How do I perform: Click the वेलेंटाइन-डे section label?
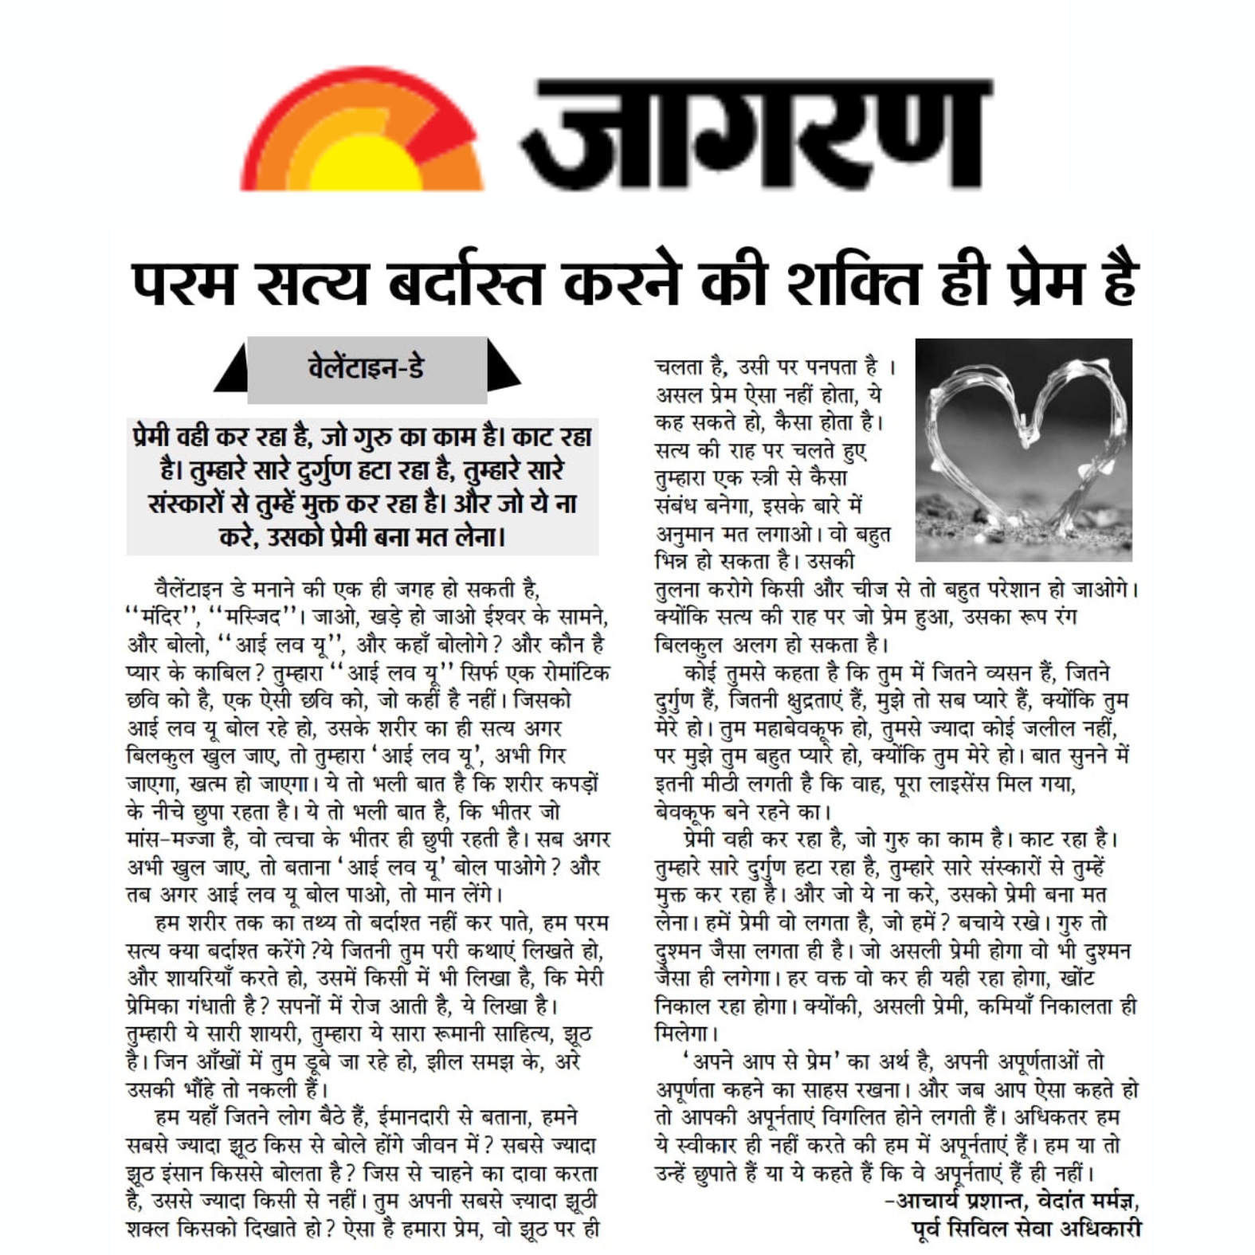[x=366, y=369]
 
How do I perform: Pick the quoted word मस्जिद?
[x=254, y=618]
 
